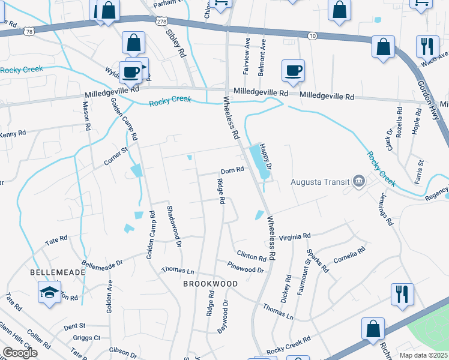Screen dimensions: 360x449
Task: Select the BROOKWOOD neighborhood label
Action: pyautogui.click(x=210, y=283)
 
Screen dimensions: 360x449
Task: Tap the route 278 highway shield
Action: pyautogui.click(x=161, y=21)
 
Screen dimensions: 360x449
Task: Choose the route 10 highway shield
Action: pyautogui.click(x=312, y=36)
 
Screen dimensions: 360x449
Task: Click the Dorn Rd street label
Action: pyautogui.click(x=232, y=170)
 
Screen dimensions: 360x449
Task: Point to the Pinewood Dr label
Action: pyautogui.click(x=246, y=267)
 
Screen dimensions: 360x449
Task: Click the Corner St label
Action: pyautogui.click(x=116, y=155)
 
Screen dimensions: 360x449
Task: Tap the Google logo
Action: pyautogui.click(x=20, y=353)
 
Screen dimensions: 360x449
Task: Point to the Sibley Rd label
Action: pyautogui.click(x=178, y=41)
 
